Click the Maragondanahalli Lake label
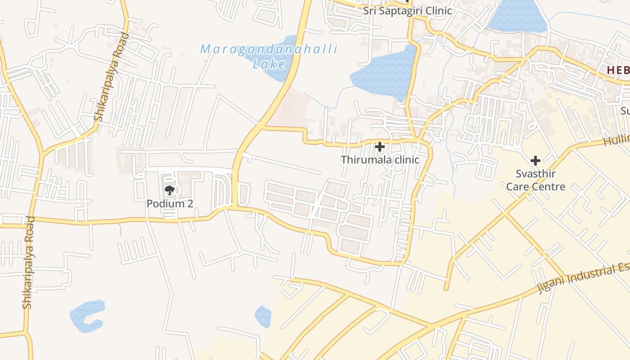(x=269, y=56)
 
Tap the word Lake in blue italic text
(x=269, y=64)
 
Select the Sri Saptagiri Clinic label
(x=407, y=11)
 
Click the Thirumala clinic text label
(x=380, y=160)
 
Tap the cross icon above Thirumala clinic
(x=380, y=146)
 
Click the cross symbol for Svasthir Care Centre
(x=535, y=160)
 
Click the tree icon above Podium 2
(x=169, y=190)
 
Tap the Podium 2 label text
(x=170, y=203)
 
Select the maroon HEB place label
(x=618, y=70)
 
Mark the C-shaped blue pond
(x=86, y=317)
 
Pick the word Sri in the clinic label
(x=370, y=11)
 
